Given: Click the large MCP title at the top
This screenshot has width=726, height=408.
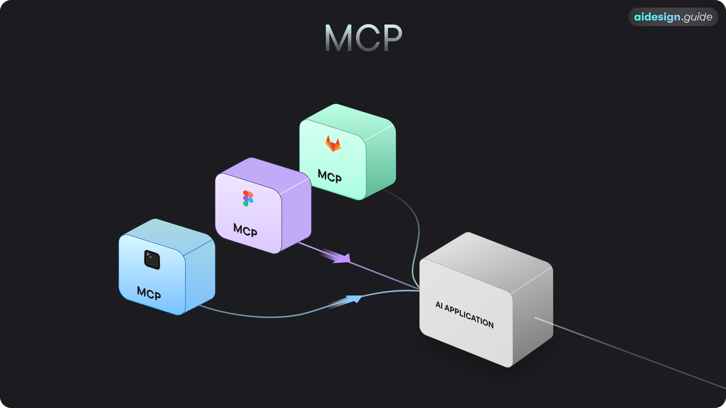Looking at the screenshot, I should tap(363, 38).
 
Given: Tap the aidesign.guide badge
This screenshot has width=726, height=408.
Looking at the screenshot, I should tap(673, 17).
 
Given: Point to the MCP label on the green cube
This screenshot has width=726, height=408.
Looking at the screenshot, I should tap(330, 176).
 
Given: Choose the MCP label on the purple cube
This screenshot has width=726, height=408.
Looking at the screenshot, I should tap(245, 230).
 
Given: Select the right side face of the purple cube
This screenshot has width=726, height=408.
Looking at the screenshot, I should tap(296, 214).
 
